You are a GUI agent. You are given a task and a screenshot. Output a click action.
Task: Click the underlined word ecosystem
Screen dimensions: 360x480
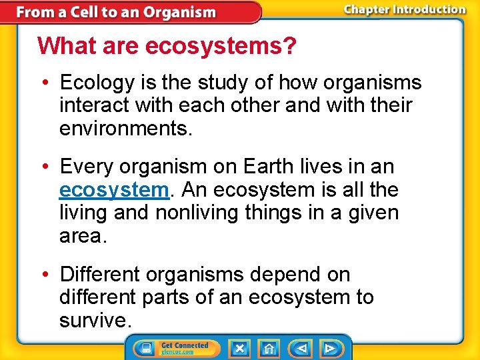tap(113, 190)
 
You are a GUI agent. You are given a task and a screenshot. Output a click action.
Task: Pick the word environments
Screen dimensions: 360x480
tap(125, 129)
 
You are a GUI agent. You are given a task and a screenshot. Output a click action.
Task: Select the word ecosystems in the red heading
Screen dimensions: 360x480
tap(221, 46)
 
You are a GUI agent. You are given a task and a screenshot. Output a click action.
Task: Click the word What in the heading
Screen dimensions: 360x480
tap(63, 46)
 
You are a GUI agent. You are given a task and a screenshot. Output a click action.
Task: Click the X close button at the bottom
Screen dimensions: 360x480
tap(239, 348)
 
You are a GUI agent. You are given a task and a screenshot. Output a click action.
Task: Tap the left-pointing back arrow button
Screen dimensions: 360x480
tap(301, 348)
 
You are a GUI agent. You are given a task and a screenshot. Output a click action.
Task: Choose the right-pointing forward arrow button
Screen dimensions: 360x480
tap(329, 348)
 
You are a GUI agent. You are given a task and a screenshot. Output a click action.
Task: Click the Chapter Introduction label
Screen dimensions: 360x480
tap(405, 9)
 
